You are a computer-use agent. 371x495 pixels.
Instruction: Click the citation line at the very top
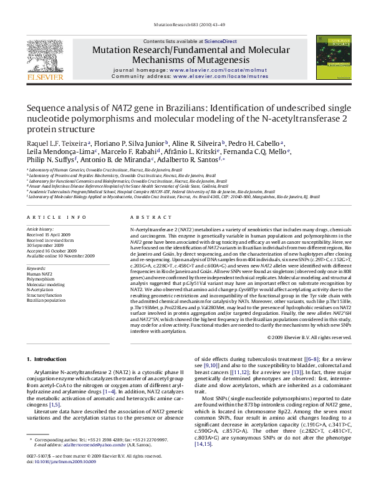coord(185,25)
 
